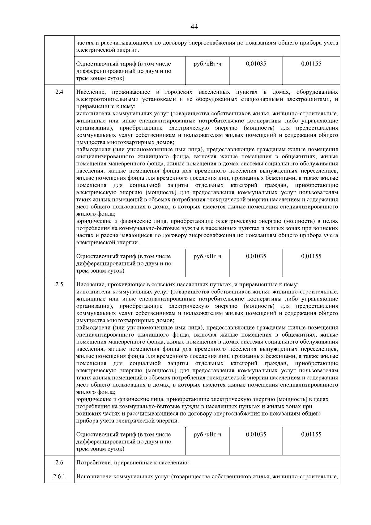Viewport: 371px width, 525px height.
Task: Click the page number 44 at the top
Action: tap(194, 27)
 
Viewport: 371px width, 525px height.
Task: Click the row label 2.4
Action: tap(59, 92)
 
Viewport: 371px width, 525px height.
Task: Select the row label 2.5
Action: tap(59, 284)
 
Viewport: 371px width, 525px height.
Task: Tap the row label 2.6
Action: tap(59, 463)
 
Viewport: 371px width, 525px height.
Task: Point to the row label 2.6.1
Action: tap(59, 476)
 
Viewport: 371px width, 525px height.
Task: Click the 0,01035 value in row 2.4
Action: tap(256, 256)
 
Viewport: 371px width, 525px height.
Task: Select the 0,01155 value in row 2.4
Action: tap(311, 256)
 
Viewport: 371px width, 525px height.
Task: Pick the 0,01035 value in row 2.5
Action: tap(256, 434)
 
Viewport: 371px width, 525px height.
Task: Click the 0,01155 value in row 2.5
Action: tap(311, 434)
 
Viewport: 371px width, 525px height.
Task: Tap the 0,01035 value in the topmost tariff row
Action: tap(256, 64)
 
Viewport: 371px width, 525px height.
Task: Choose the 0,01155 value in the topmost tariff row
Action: tap(311, 64)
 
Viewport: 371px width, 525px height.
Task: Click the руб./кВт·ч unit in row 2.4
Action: tap(207, 256)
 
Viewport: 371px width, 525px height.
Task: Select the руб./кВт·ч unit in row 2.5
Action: tap(207, 434)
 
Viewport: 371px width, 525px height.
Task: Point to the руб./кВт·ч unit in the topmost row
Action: tap(207, 64)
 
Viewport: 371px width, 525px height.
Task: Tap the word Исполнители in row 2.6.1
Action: tap(94, 476)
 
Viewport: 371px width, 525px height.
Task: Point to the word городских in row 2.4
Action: tap(178, 92)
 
